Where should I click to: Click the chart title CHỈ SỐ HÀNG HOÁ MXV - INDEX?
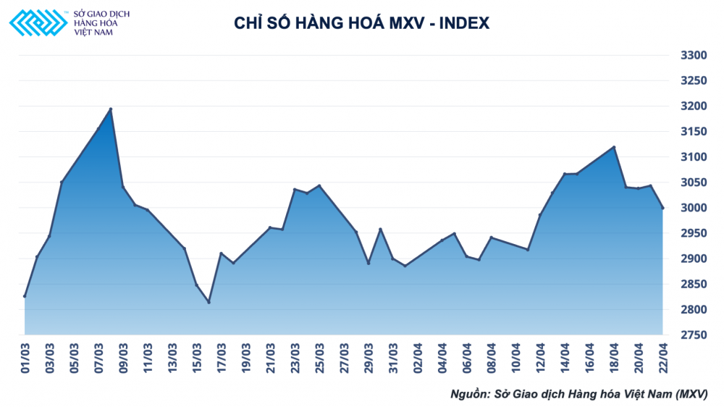tap(361, 23)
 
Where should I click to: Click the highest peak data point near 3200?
tap(111, 109)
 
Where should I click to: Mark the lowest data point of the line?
tap(209, 302)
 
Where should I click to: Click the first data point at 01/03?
tap(25, 296)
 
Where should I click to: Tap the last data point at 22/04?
tap(662, 208)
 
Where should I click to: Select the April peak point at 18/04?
tap(614, 147)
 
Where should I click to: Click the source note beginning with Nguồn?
tap(578, 394)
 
